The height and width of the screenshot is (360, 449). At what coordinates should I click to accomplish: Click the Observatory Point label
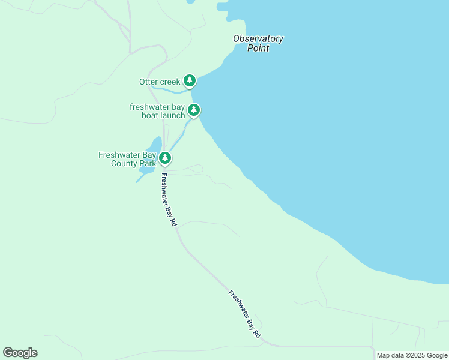tap(258, 43)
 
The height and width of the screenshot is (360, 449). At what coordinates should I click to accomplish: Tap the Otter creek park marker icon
tap(190, 80)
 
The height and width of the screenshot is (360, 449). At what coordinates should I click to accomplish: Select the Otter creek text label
tap(159, 82)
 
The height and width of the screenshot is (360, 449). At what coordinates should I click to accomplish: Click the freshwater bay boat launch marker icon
tap(193, 110)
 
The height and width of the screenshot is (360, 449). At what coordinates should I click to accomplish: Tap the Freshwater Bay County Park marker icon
tap(165, 158)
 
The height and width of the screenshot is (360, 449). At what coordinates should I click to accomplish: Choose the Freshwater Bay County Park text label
tap(127, 159)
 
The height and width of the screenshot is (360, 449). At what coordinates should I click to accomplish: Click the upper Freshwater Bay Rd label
tap(169, 200)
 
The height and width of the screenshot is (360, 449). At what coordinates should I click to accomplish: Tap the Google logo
tap(20, 353)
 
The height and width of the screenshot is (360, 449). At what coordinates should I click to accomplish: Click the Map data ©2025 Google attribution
tap(412, 355)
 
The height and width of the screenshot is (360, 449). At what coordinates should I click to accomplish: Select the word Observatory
tap(258, 38)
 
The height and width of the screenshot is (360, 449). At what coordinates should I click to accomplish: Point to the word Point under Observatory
tap(258, 48)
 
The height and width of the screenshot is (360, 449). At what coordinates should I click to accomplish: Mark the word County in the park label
tap(124, 163)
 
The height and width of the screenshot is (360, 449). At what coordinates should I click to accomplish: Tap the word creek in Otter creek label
tap(169, 82)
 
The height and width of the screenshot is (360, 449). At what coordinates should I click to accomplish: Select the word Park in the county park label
tap(148, 163)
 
